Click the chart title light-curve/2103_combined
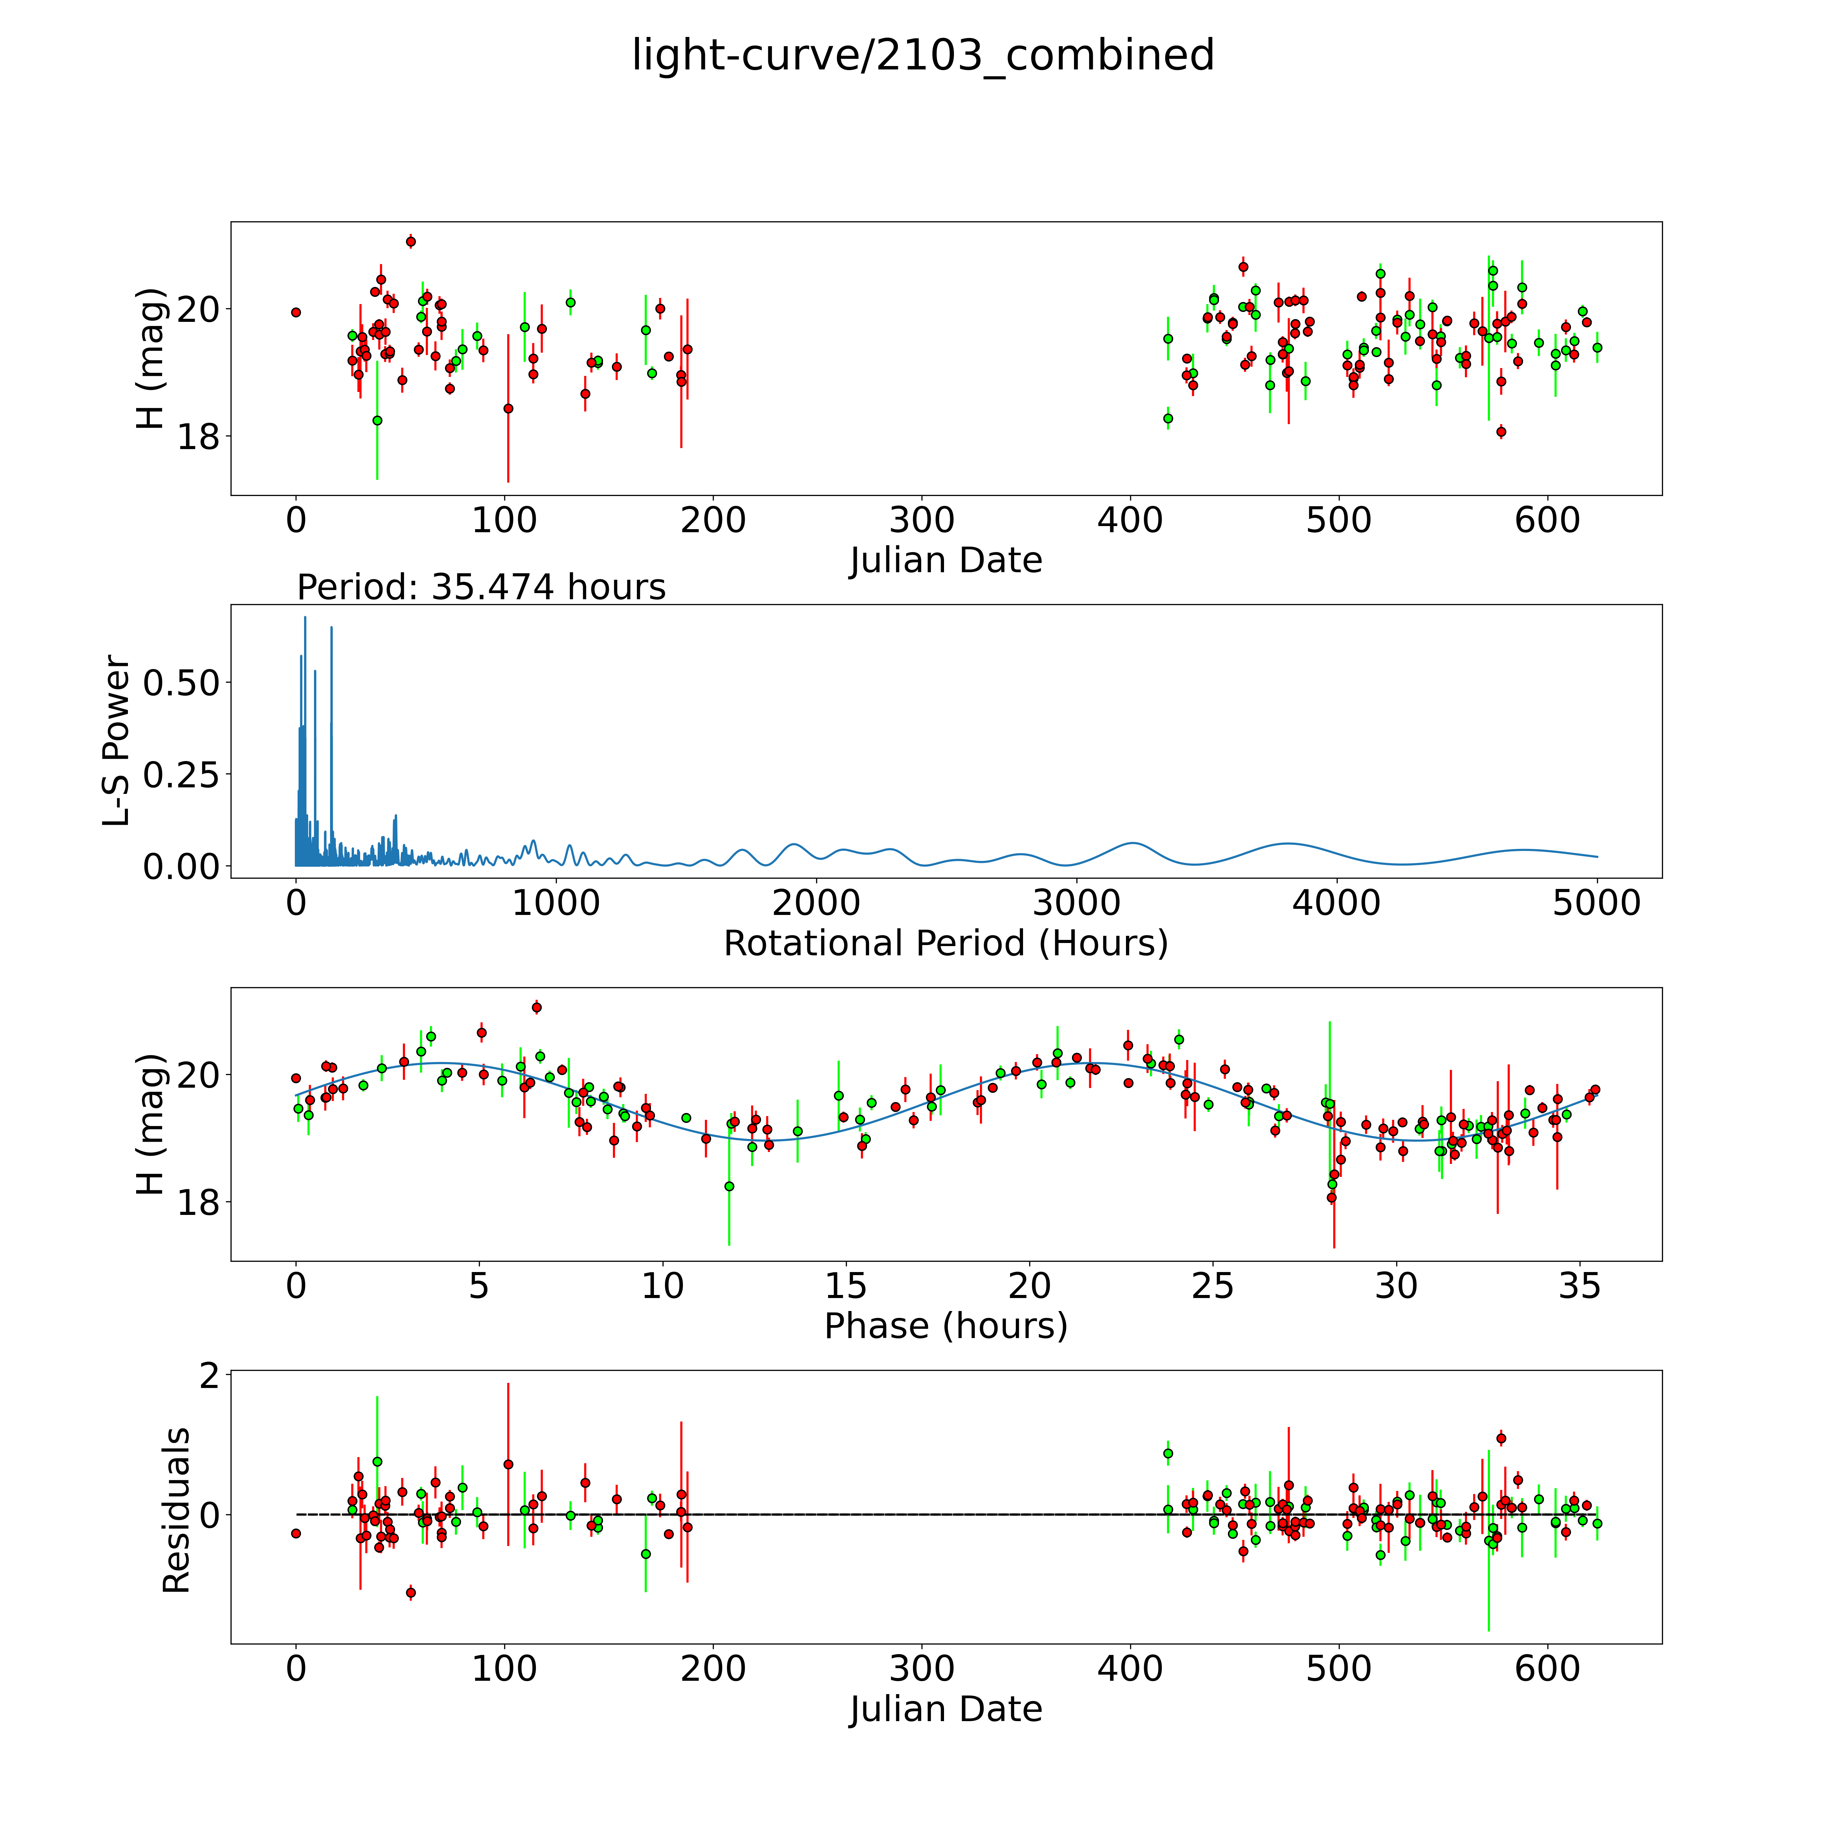922,55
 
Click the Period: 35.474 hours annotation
481,587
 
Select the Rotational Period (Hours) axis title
945,944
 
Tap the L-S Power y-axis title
117,741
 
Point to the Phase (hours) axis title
945,1326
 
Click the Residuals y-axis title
176,1510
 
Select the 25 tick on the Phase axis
1212,1286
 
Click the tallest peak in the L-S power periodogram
305,618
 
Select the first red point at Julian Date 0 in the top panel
296,313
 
